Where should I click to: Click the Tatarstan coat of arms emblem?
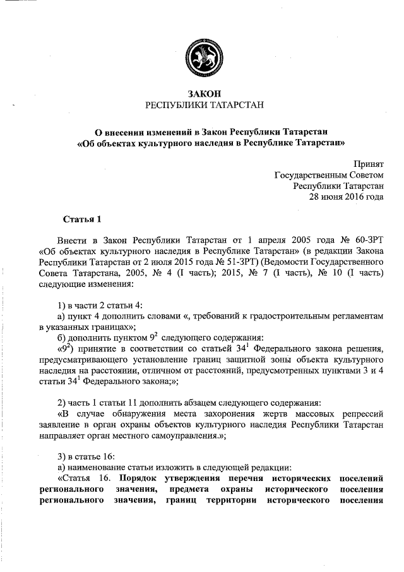(201, 53)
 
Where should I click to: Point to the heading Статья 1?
(82, 219)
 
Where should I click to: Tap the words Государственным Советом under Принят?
(330, 174)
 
